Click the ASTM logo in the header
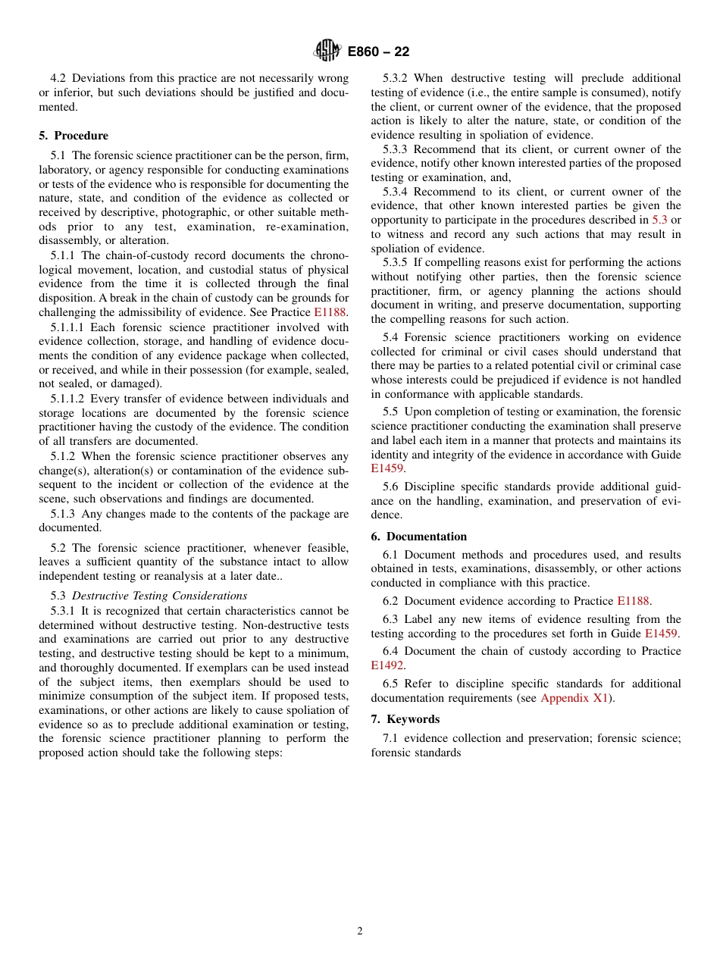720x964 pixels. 328,51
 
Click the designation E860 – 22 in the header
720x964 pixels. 378,52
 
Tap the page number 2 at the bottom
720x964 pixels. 360,931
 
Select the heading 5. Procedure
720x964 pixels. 74,136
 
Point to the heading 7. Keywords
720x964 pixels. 405,719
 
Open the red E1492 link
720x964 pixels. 387,665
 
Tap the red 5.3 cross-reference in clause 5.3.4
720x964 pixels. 659,220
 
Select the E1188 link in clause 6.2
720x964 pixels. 633,601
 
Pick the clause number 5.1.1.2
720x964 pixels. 72,399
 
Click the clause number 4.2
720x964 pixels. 59,78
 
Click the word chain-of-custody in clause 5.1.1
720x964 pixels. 153,255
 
